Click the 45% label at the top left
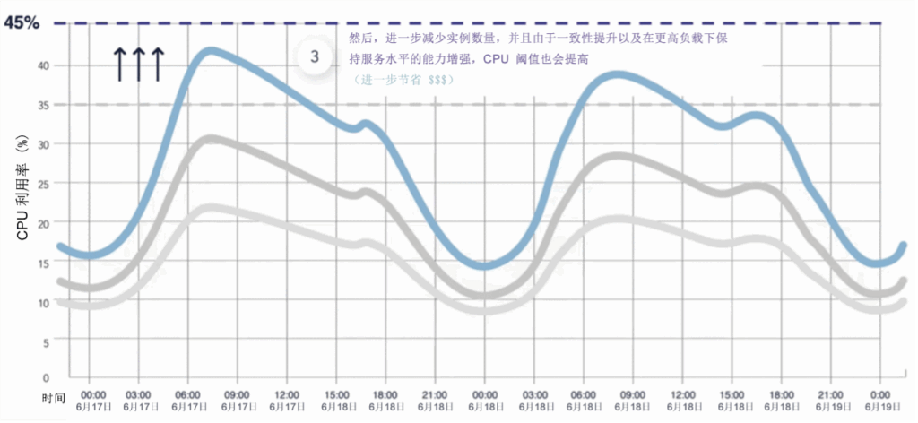(22, 22)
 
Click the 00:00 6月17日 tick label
(93, 400)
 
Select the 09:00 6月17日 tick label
(238, 400)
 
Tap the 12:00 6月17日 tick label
(287, 400)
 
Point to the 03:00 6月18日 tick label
(534, 400)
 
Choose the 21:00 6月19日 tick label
(830, 400)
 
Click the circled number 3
(315, 57)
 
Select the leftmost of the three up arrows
(119, 65)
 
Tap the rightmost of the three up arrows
(157, 65)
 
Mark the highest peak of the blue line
(209, 50)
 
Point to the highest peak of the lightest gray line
(208, 207)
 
